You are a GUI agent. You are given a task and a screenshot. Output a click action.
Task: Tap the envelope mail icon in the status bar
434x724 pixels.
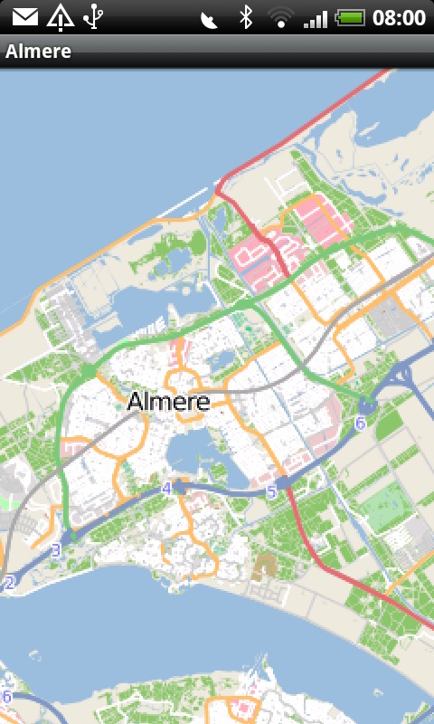24,16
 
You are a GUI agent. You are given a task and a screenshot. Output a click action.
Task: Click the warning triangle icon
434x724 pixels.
60,16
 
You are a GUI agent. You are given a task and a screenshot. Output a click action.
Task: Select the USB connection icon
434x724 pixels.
92,16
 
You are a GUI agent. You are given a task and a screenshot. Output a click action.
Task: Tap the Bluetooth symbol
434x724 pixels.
245,16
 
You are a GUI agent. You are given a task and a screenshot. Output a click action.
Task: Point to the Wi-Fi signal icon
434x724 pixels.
281,16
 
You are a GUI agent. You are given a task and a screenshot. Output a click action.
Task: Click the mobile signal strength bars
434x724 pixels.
316,16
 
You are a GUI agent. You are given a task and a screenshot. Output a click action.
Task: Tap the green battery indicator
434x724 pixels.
351,16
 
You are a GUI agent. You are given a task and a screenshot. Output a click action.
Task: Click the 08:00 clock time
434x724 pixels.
399,16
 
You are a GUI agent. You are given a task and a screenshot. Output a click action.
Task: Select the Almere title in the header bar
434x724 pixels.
38,52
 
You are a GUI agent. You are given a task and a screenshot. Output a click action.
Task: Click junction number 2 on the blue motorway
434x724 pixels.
10,584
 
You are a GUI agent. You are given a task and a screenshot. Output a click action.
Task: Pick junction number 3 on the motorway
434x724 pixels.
56,549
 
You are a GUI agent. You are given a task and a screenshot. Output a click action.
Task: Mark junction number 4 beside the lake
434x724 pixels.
165,489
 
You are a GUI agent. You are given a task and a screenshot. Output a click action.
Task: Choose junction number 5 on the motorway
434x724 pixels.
270,492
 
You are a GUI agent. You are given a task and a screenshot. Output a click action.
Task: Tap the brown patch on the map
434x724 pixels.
264,567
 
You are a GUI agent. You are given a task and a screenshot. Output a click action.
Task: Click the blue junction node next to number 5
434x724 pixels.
283,483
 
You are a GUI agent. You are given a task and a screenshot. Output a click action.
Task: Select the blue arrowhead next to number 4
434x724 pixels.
179,487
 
